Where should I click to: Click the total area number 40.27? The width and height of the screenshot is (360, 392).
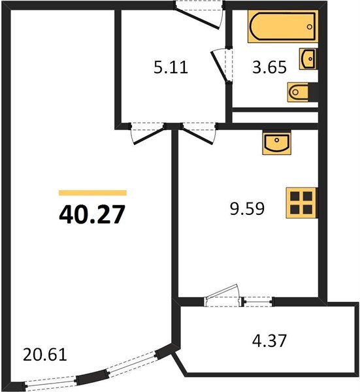91,214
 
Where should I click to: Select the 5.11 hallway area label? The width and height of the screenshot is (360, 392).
171,67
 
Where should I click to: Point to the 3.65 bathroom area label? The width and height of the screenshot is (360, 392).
270,67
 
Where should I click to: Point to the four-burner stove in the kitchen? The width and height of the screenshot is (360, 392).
302,202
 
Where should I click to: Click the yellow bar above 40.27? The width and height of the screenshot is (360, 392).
92,193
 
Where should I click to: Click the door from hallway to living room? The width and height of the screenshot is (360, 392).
145,132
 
